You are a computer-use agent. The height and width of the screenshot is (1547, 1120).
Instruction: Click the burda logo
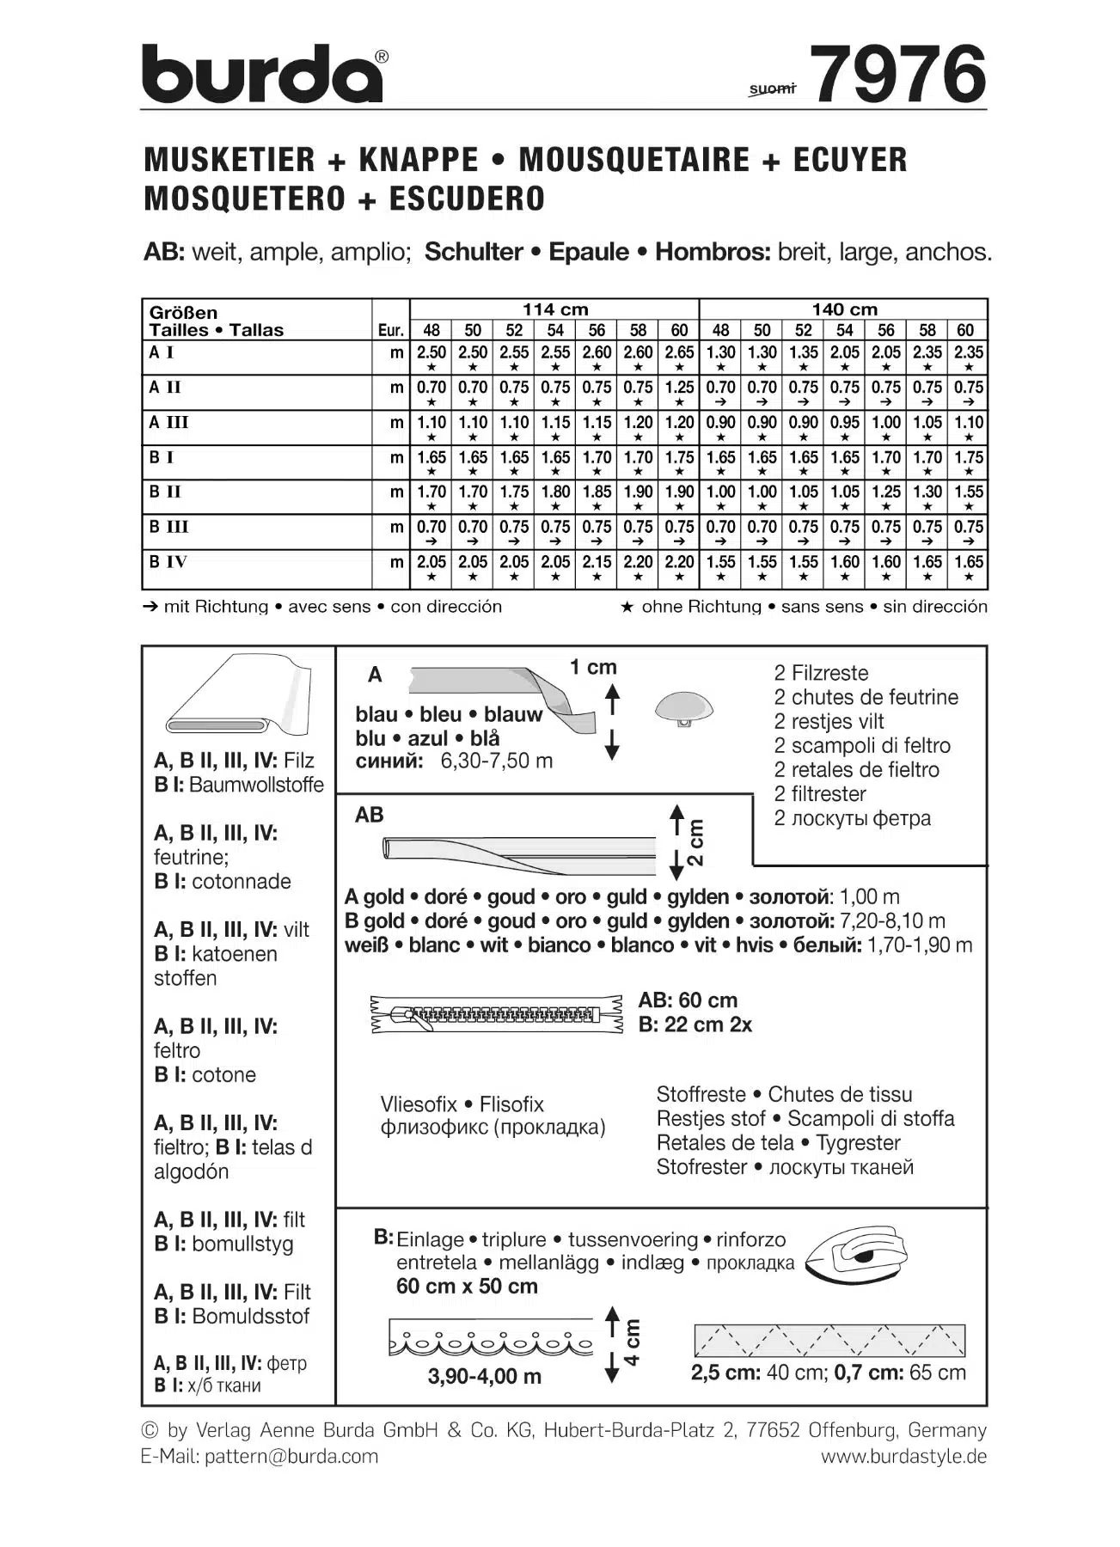pos(262,74)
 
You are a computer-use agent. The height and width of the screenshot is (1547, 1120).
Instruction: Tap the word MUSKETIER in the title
pos(230,160)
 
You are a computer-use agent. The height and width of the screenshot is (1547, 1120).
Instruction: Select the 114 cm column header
pos(554,309)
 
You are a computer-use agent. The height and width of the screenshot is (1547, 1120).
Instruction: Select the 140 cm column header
pos(844,309)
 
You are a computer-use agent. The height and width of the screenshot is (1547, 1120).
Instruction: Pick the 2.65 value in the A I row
pos(679,352)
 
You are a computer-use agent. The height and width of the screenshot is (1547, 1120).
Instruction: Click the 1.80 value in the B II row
pos(555,492)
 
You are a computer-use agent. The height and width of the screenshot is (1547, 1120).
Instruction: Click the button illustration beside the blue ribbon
pos(683,709)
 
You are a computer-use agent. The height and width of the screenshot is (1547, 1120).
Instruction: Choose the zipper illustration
pos(496,1014)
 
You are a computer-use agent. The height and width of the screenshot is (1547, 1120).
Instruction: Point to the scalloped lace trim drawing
pos(492,1337)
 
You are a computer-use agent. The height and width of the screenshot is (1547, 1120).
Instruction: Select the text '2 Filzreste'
pos(821,673)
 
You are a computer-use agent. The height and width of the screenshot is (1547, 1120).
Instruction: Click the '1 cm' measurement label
pos(593,667)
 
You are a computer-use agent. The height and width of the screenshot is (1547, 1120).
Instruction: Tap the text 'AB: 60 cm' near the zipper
pos(688,1000)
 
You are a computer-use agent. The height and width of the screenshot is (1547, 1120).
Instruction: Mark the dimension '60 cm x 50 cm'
pos(467,1287)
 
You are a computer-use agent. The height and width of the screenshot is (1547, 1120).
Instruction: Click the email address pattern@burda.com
pos(291,1456)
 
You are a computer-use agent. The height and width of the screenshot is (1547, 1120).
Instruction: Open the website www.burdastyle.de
pos(903,1456)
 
